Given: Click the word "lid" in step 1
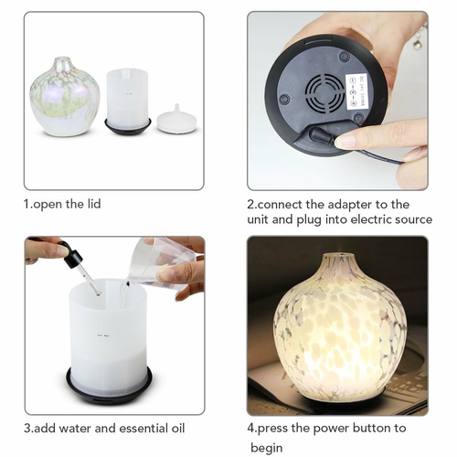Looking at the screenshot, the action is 94,204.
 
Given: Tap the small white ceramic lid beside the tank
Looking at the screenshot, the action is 176,119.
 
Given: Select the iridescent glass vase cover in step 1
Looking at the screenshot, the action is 65,96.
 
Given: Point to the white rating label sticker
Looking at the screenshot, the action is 358,90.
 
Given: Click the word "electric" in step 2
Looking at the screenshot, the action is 371,219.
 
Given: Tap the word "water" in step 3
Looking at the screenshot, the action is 76,429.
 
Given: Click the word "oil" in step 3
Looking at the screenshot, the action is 176,428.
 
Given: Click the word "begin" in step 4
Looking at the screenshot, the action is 267,449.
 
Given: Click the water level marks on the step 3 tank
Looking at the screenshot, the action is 103,336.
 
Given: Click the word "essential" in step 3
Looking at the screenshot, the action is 143,428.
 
